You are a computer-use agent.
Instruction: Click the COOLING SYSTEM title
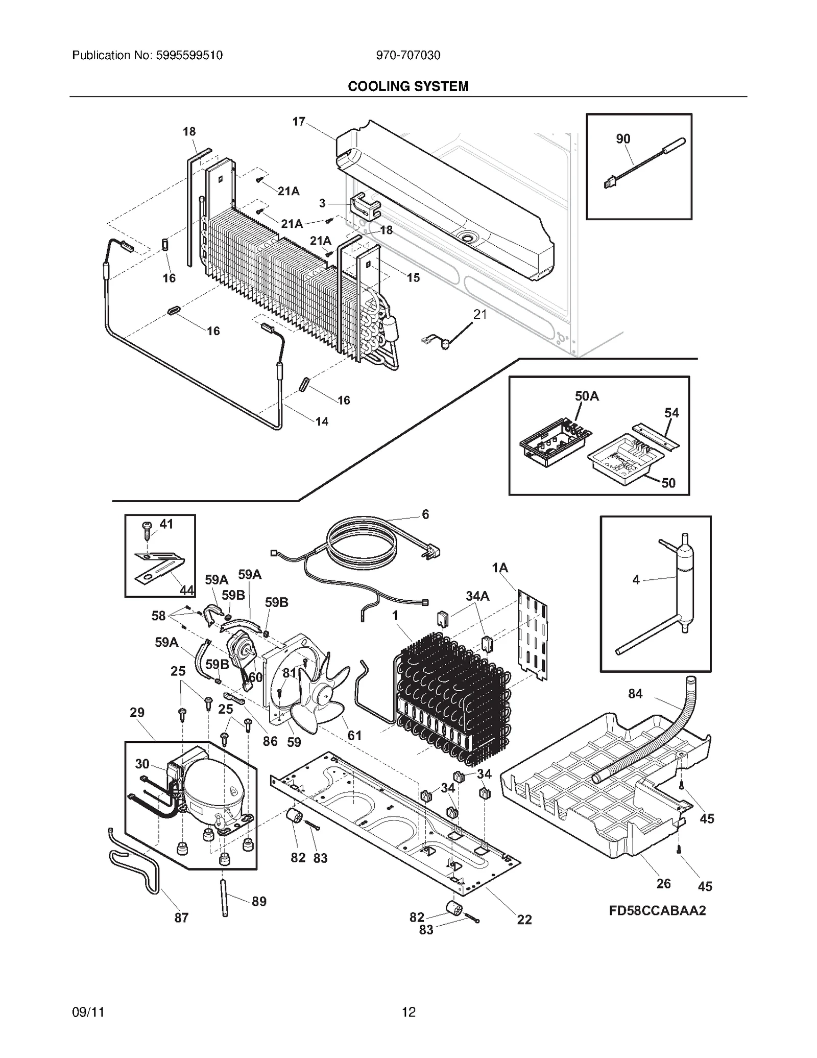(x=408, y=86)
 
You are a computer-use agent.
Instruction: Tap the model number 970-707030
(x=408, y=55)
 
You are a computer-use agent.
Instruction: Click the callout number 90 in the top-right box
(x=623, y=139)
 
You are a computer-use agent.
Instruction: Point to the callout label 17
(x=299, y=122)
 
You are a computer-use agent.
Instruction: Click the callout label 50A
(x=587, y=396)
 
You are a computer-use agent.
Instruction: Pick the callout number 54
(x=671, y=413)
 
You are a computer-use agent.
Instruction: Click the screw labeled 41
(x=148, y=528)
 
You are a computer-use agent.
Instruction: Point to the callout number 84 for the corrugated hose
(x=635, y=694)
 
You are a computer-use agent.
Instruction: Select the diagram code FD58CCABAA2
(x=657, y=911)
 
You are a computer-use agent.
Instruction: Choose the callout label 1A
(x=500, y=568)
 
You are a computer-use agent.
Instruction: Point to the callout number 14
(x=322, y=421)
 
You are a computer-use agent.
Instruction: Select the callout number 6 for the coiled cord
(x=425, y=514)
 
